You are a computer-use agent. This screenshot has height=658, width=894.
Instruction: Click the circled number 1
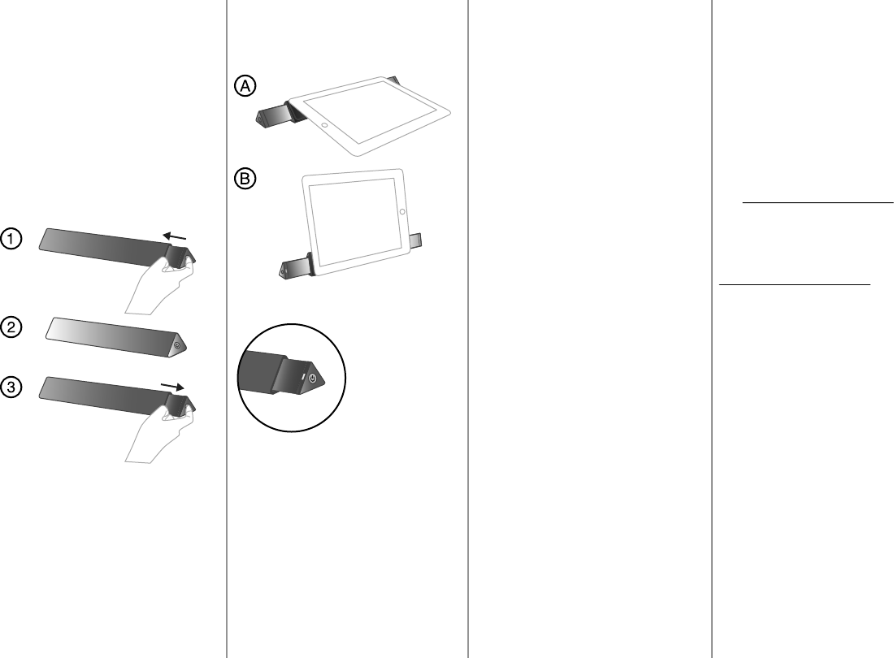point(11,239)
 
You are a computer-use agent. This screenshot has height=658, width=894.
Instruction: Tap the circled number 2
point(11,327)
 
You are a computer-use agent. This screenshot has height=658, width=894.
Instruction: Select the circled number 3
point(11,388)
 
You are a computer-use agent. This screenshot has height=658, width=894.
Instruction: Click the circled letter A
point(245,86)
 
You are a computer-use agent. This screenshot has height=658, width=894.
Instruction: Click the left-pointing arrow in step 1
point(176,235)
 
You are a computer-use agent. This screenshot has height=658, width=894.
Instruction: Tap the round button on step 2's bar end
point(178,344)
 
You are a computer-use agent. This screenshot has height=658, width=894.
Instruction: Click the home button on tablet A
point(325,125)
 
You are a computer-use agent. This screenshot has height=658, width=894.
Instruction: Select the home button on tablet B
point(403,211)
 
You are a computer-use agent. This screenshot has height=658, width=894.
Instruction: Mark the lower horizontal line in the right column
point(795,285)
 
